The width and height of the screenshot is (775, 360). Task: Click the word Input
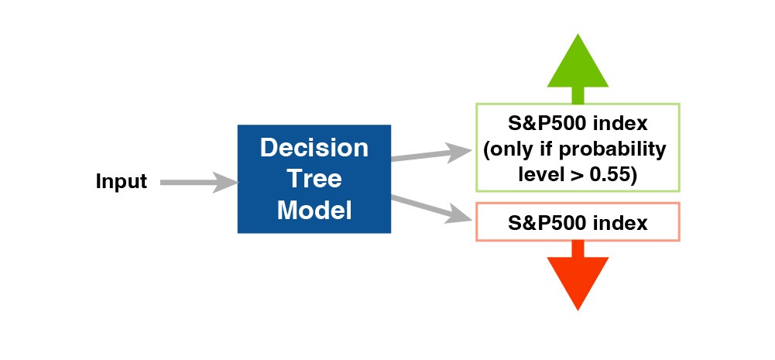(121, 182)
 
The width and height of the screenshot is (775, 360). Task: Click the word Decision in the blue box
(314, 147)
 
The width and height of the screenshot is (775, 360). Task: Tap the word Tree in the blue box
(314, 178)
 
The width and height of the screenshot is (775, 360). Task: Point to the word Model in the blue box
(314, 210)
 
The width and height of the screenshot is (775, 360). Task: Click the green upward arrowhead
(578, 61)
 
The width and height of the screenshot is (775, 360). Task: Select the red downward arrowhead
(578, 283)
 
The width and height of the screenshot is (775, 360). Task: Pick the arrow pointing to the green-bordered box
(432, 154)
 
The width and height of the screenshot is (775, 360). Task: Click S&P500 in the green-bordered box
(542, 124)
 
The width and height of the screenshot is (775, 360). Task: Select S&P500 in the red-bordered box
(542, 223)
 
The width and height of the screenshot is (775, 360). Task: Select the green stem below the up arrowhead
(578, 95)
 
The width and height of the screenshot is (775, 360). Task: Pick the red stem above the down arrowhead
(578, 249)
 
